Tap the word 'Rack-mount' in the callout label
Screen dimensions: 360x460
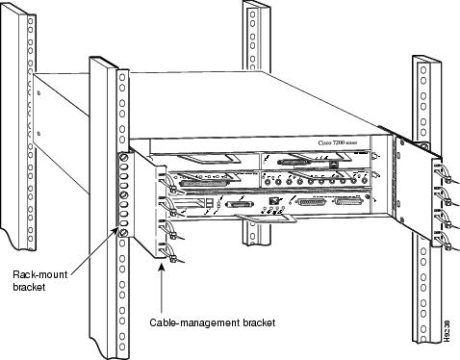tap(36, 274)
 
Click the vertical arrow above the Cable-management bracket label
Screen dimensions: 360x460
tap(159, 289)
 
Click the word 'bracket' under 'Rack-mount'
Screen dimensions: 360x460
tap(29, 287)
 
